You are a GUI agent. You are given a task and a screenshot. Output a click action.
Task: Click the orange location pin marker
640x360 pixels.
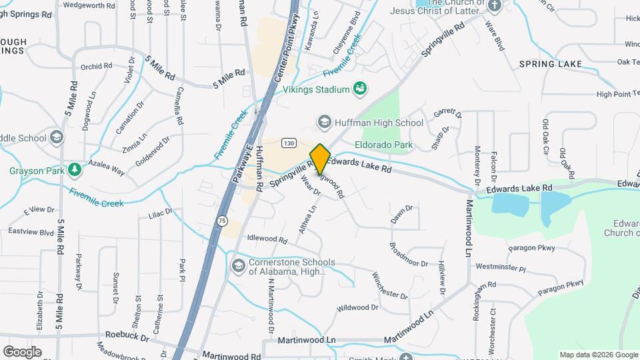coord(320,159)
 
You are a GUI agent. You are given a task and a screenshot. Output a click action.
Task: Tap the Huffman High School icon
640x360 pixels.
coord(324,123)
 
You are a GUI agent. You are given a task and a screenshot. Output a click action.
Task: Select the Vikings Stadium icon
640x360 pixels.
coord(360,89)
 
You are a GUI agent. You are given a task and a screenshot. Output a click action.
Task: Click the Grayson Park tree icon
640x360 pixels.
coord(75,171)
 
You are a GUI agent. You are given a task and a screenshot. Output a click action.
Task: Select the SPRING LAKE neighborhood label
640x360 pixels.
coord(551,64)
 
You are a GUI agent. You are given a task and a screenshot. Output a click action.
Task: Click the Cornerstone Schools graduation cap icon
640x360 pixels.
coord(238,267)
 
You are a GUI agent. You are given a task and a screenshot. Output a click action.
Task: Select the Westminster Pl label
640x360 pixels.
coord(501,268)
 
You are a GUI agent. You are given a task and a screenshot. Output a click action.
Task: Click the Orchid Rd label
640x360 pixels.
coord(96,66)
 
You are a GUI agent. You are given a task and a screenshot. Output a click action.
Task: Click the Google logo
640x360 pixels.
coord(22,351)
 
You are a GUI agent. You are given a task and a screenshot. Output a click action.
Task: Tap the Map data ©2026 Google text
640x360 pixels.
coord(598,355)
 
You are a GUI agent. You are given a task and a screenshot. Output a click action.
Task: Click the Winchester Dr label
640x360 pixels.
coord(390,285)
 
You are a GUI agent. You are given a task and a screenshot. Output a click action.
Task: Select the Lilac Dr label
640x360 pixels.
coord(161,214)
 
